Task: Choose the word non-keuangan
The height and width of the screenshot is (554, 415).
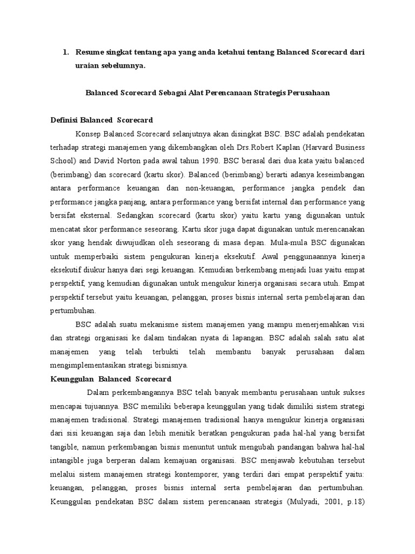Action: coord(203,188)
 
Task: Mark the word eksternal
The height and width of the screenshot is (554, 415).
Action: coord(87,215)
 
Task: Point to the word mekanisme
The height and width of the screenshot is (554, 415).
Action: coord(154,324)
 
